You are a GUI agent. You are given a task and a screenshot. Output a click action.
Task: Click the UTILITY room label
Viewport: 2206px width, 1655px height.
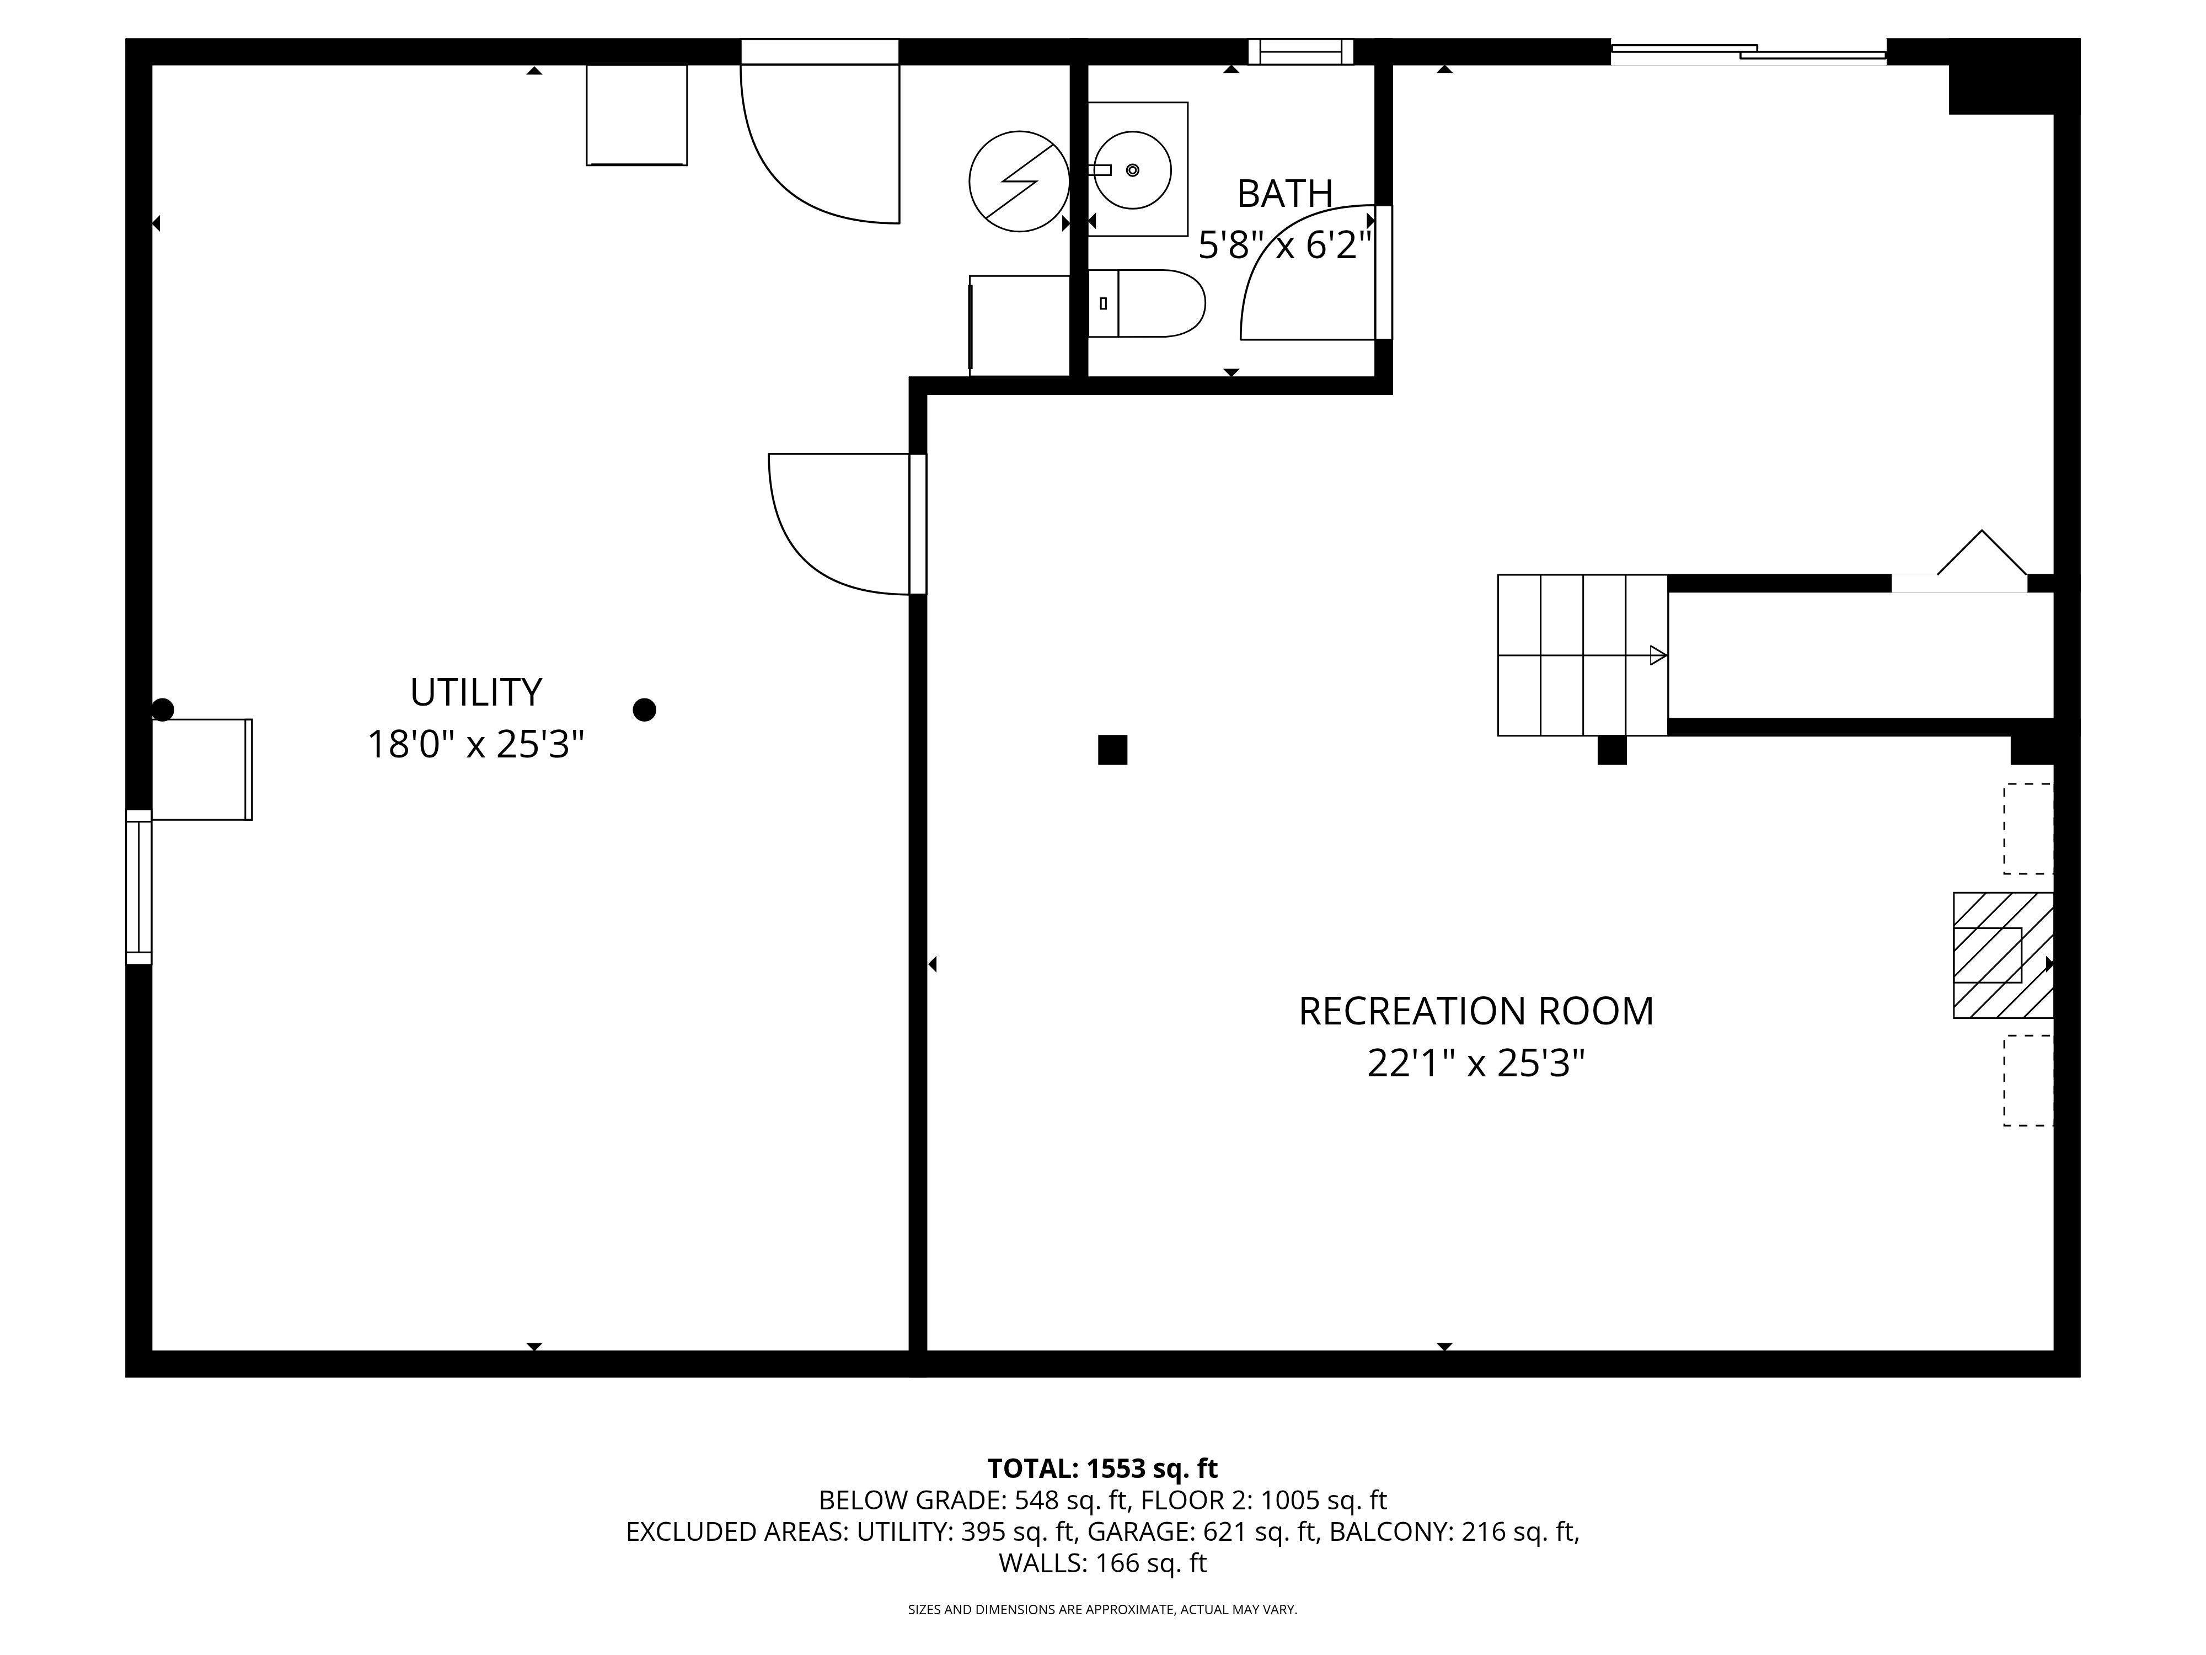tap(476, 691)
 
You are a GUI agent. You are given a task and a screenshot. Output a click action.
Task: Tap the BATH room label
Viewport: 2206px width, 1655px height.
tap(1284, 194)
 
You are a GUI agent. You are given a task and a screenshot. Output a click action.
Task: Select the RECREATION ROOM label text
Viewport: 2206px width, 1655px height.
tap(1476, 1011)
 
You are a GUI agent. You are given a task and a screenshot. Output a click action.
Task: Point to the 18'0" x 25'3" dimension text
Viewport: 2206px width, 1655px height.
tap(476, 744)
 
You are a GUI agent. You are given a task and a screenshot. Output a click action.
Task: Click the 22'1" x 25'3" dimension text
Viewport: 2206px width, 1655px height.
tap(1476, 1064)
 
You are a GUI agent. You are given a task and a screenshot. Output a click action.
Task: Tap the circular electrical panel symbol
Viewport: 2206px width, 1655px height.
tap(1019, 181)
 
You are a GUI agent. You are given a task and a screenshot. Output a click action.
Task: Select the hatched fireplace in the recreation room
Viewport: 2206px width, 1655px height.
tap(2002, 955)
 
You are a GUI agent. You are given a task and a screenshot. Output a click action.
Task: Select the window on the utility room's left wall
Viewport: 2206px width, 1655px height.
tap(138, 887)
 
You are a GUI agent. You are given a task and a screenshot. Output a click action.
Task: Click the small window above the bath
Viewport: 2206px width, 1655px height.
tap(1300, 51)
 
